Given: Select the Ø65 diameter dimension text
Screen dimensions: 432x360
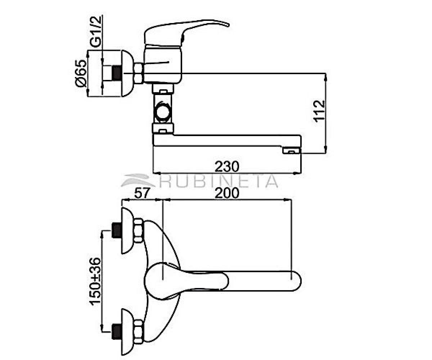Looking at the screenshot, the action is [x=81, y=73].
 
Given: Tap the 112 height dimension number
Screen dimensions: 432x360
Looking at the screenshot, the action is [x=319, y=111].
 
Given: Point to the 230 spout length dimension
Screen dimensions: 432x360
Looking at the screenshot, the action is [x=227, y=167].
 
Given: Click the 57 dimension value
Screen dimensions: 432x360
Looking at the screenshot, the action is [x=142, y=193].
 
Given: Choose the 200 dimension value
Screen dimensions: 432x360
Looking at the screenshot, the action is [x=227, y=193].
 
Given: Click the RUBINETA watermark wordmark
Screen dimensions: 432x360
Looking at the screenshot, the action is [x=200, y=181].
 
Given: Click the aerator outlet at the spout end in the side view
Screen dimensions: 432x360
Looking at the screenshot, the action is [x=291, y=150].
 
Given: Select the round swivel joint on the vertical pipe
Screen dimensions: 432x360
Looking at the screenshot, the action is [x=163, y=111].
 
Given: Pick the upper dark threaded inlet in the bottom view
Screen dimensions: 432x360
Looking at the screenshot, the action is [x=117, y=230].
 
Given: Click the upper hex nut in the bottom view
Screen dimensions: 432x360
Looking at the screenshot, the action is [x=138, y=230].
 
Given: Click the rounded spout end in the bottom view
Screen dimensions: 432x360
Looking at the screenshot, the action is [x=297, y=280].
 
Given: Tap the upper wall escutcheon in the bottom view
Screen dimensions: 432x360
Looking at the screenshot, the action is [x=127, y=230].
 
